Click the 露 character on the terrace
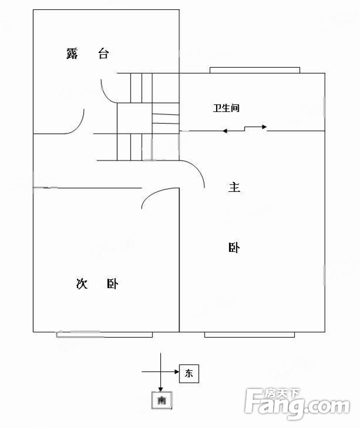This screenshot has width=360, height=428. click(x=72, y=54)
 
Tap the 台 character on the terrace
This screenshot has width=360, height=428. click(x=104, y=54)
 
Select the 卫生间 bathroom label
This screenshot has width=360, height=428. click(x=226, y=108)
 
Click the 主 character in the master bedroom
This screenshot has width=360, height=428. click(x=234, y=187)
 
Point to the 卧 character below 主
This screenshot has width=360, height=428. click(x=234, y=248)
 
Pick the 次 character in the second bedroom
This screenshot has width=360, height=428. click(x=82, y=283)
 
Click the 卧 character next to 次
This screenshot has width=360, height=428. click(x=112, y=284)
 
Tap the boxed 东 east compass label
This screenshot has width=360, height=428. click(x=189, y=373)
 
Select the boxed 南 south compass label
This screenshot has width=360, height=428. click(x=162, y=400)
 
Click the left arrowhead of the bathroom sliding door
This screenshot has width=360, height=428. click(x=224, y=131)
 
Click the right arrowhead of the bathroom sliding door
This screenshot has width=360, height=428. click(x=264, y=127)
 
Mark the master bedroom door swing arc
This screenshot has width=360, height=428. click(x=197, y=170)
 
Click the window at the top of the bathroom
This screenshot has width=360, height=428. click(x=255, y=70)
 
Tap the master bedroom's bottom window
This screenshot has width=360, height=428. click(x=249, y=335)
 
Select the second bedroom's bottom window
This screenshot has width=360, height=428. click(x=104, y=335)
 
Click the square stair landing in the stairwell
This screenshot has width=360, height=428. click(x=135, y=118)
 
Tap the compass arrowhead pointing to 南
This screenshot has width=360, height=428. click(x=161, y=389)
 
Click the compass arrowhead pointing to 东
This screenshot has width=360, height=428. click(x=177, y=372)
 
